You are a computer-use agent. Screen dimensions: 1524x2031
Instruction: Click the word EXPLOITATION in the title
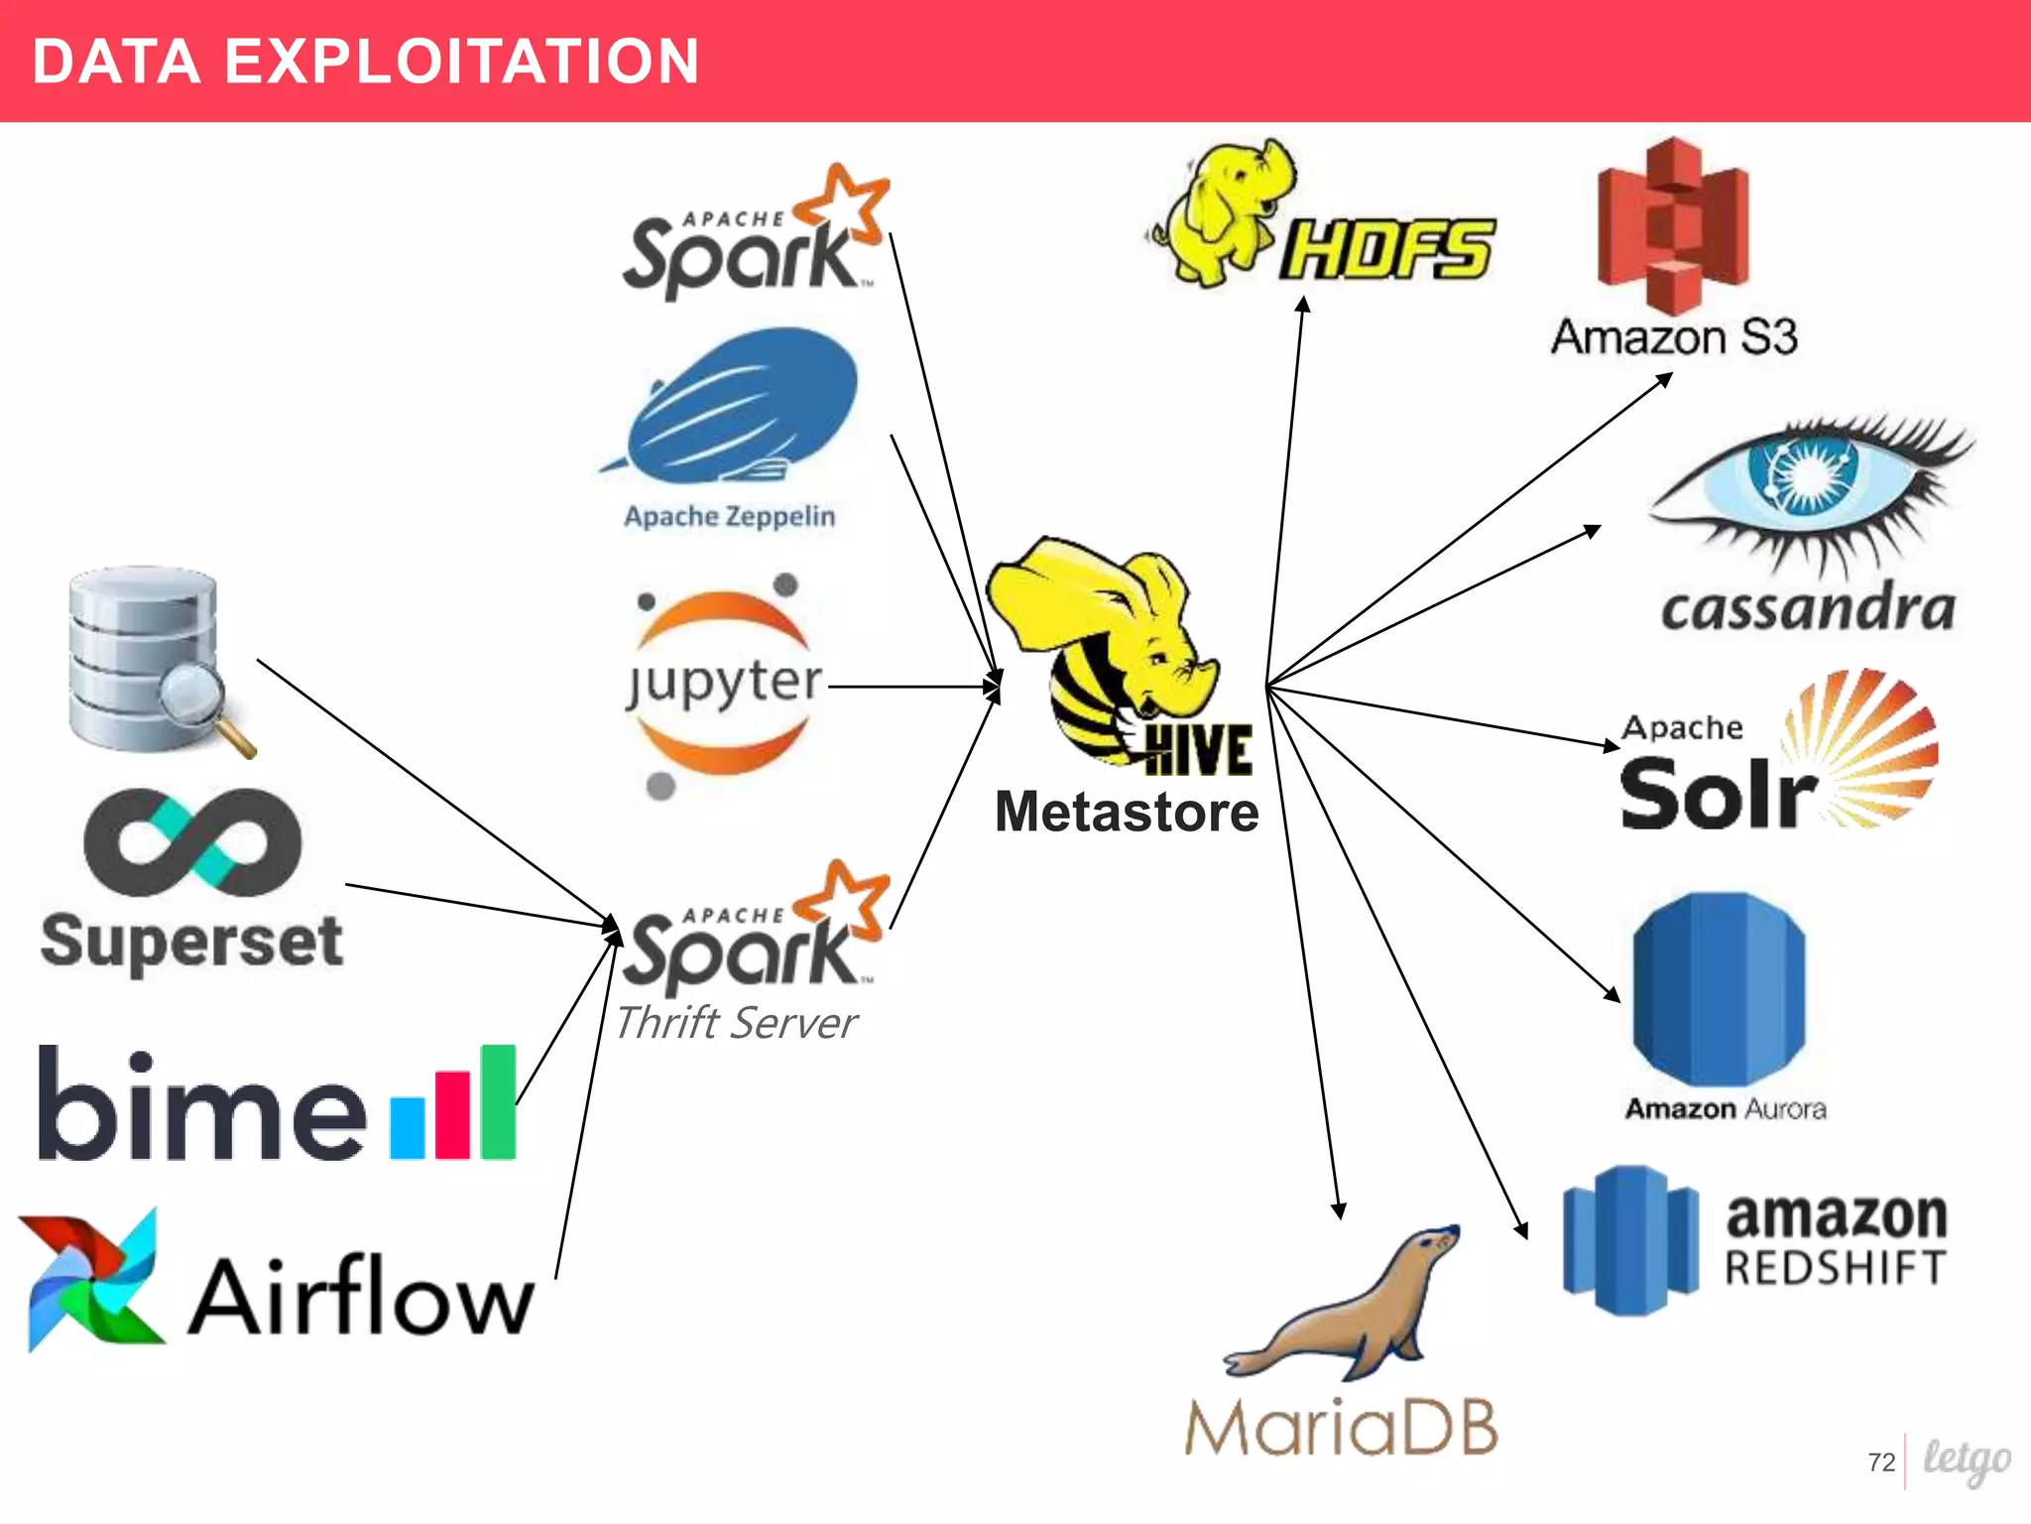(462, 62)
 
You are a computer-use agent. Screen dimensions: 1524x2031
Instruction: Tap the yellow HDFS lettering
(1386, 248)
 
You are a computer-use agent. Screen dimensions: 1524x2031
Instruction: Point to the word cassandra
(1807, 608)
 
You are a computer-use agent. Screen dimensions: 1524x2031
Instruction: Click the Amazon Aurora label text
(1725, 1108)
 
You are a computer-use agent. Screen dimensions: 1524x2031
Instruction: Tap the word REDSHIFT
(1835, 1268)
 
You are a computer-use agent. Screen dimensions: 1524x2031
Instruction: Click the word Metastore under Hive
(1127, 812)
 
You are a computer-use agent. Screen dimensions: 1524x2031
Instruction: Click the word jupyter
(725, 683)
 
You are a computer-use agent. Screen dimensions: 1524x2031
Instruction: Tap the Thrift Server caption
(735, 1023)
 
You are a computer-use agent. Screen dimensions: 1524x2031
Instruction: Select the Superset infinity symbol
(192, 841)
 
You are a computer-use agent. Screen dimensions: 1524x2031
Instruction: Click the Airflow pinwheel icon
(91, 1280)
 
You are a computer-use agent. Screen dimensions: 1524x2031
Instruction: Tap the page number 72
(1880, 1462)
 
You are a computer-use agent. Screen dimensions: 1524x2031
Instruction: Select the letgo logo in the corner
(1966, 1460)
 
